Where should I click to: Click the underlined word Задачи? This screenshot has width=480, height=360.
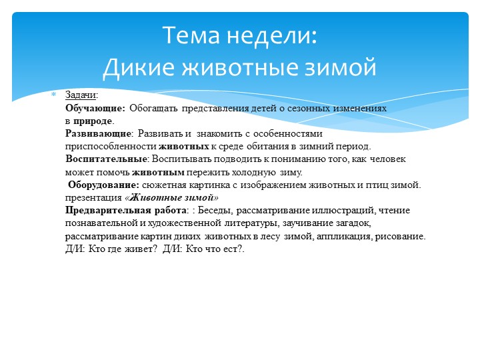coord(81,95)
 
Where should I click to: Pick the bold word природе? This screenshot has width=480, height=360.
coord(93,121)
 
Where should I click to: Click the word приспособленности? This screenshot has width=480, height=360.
coord(111,146)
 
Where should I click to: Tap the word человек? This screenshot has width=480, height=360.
coord(387,159)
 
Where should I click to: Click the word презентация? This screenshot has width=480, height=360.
coord(94,197)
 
